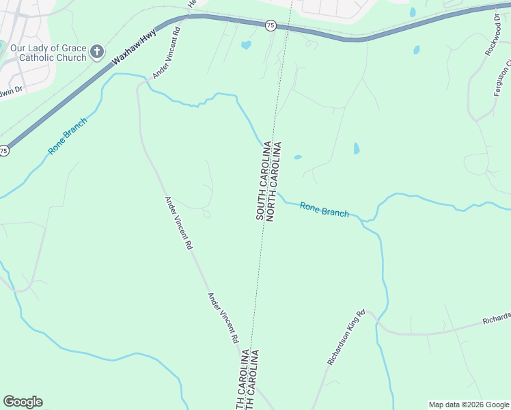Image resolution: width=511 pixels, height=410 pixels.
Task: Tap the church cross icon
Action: point(97,52)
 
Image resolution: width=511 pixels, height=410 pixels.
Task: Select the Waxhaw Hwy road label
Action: point(134,47)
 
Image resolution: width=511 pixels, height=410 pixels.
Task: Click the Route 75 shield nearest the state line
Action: point(271,25)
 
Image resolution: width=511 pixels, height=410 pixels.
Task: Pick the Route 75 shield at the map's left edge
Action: point(4,150)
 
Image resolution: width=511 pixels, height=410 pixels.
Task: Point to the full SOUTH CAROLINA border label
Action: point(261,180)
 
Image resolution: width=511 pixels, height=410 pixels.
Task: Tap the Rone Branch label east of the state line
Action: point(324,209)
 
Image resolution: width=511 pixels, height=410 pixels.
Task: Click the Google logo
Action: point(23,402)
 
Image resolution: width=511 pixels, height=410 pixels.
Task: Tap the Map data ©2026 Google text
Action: point(469,405)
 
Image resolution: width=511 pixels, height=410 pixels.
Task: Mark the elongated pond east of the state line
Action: point(356,148)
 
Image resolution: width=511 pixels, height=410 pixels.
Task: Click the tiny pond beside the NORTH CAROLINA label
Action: point(297,157)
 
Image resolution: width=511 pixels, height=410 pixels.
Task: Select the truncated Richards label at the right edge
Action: point(497,318)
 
